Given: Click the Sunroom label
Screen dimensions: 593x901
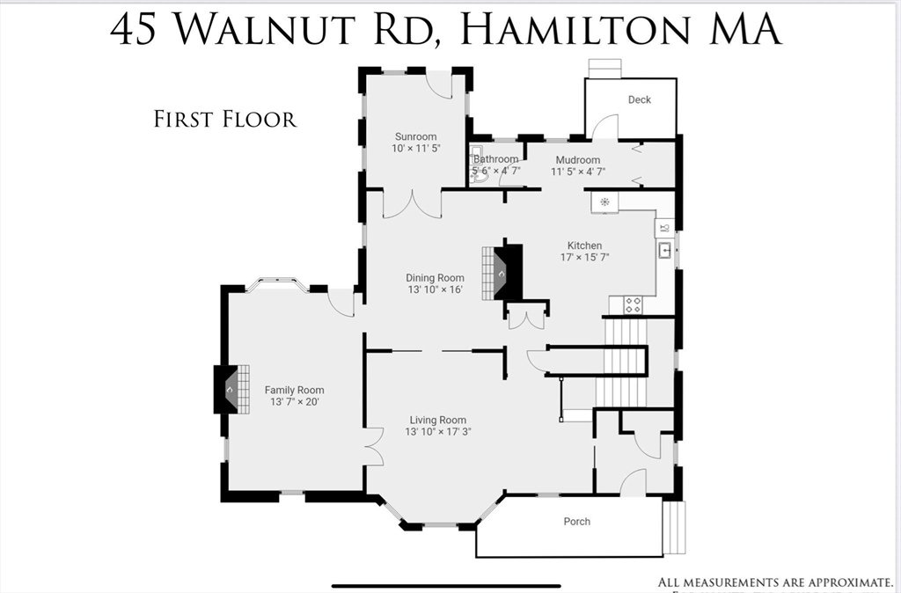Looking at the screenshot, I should pyautogui.click(x=415, y=136).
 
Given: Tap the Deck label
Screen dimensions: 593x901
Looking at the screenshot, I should pyautogui.click(x=640, y=99).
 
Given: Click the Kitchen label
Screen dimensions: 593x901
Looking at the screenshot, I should pyautogui.click(x=584, y=245).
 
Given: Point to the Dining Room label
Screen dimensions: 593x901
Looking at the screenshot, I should pyautogui.click(x=435, y=278).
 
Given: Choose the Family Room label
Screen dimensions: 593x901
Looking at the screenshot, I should pyautogui.click(x=294, y=390).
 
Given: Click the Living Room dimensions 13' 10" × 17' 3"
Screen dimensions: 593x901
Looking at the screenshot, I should pyautogui.click(x=437, y=433).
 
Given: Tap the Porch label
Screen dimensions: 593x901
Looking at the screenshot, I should pyautogui.click(x=577, y=522).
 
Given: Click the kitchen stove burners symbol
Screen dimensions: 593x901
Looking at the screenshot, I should pyautogui.click(x=633, y=304).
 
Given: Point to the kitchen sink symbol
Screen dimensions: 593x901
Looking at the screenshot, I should pyautogui.click(x=665, y=251).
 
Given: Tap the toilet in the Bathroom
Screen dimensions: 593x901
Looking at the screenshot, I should pyautogui.click(x=478, y=175).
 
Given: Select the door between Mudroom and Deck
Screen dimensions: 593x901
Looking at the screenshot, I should pyautogui.click(x=604, y=128).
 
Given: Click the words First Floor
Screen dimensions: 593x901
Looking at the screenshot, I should pyautogui.click(x=225, y=119).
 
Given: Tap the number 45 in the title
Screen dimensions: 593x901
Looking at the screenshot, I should pyautogui.click(x=135, y=29).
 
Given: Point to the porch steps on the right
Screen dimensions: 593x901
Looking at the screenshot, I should pyautogui.click(x=673, y=528).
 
